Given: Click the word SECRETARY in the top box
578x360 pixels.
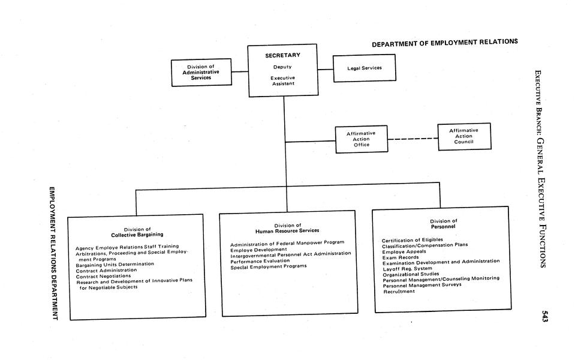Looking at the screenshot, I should click(282, 56).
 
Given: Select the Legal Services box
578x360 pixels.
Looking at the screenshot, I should click(365, 68).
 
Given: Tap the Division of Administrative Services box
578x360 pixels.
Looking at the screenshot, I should click(201, 72).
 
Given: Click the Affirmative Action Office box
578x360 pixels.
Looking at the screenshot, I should click(361, 139).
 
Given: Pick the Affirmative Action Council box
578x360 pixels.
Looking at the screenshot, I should click(464, 136).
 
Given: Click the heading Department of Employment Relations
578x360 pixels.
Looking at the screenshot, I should click(444, 43).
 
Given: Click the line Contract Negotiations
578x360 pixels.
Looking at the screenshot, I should click(103, 276).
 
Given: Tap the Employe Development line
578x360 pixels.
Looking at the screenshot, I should click(258, 248).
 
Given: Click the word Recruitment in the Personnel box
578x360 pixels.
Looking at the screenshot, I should click(398, 292).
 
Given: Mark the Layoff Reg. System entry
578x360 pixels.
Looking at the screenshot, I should click(407, 268).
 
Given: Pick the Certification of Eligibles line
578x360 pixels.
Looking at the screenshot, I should click(413, 240).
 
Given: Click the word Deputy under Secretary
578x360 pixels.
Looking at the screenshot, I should click(282, 67).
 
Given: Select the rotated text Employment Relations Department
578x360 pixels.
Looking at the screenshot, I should click(52, 253).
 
